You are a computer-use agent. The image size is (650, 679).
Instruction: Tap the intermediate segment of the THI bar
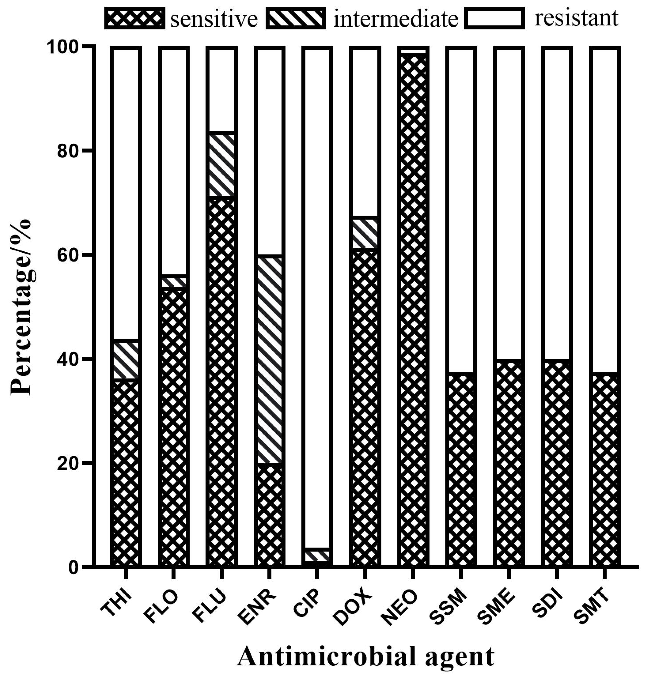pos(126,360)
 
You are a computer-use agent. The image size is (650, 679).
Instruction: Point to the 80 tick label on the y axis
pos(66,151)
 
